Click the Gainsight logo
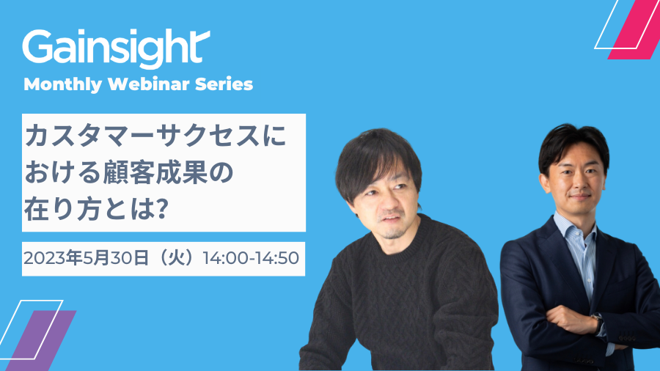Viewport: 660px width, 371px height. coord(116,48)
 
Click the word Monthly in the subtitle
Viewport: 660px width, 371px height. coord(63,84)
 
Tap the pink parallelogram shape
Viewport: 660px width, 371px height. coord(634,29)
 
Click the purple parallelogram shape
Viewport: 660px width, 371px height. coord(41,341)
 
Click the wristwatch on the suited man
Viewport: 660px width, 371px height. coord(597,322)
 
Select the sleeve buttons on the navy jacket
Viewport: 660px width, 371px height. coord(626,337)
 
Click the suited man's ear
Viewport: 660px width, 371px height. coord(545,183)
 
